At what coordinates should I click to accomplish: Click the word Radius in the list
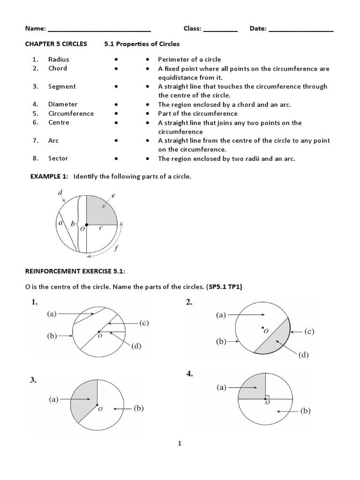click(59, 60)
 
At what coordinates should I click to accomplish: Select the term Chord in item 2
click(58, 68)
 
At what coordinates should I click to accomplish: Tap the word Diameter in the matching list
click(63, 105)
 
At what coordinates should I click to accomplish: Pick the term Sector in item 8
click(58, 158)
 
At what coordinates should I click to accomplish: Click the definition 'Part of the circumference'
click(197, 113)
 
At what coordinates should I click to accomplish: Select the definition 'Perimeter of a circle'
click(189, 60)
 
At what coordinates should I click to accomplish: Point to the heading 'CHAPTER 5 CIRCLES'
click(56, 44)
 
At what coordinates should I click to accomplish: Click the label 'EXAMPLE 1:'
click(49, 176)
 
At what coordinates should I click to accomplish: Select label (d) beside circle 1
click(136, 346)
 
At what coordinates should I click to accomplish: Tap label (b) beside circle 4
click(305, 412)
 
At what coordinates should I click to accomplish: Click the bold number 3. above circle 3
click(33, 381)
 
